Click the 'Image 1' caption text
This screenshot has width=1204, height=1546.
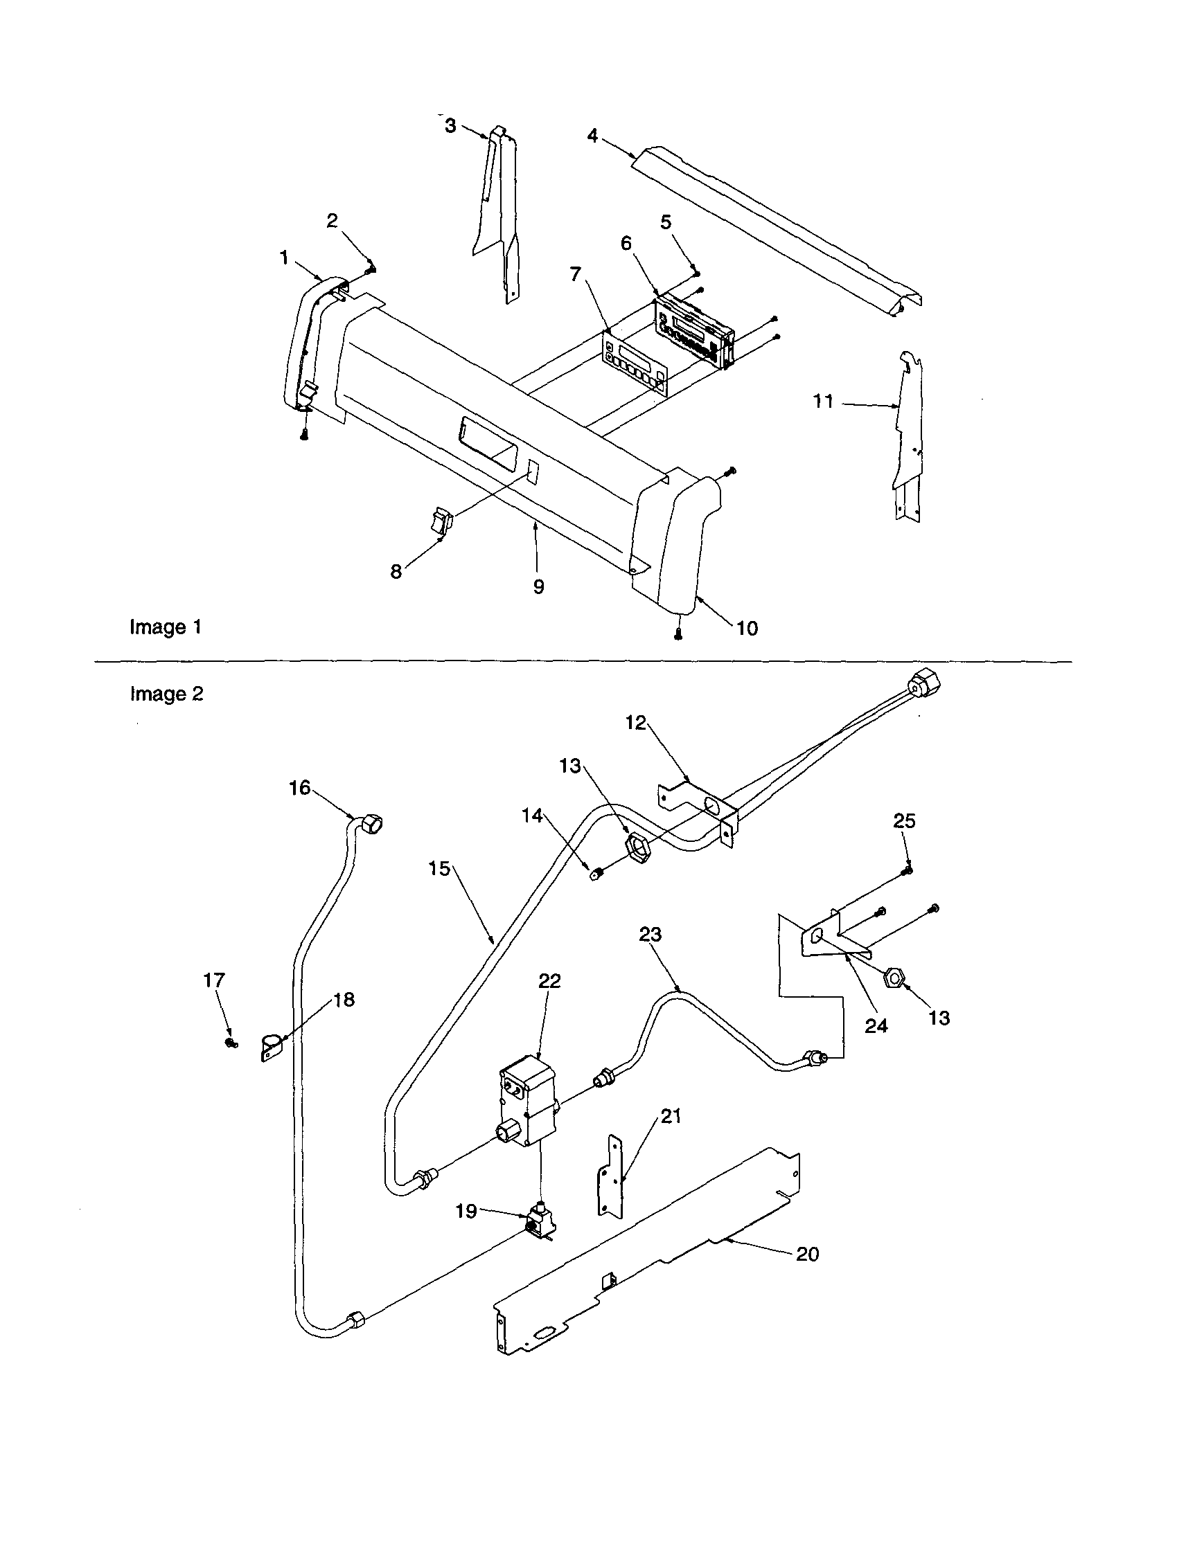click(x=166, y=627)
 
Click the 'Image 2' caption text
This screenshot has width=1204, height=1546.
click(x=166, y=694)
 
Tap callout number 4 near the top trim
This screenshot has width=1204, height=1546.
click(x=592, y=135)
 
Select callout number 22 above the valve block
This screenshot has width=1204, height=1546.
click(x=549, y=980)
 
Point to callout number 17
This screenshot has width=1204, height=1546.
click(x=214, y=980)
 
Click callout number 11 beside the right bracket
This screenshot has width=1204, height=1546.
click(x=822, y=402)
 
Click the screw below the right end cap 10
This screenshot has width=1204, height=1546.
click(x=678, y=635)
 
